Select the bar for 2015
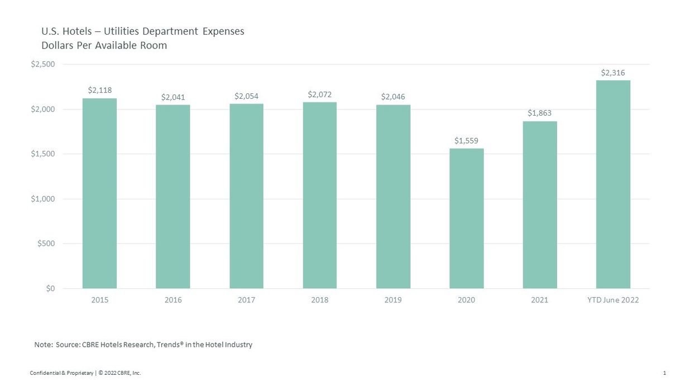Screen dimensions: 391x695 click(99, 193)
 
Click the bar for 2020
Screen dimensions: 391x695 click(466, 218)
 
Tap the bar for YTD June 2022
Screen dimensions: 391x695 click(613, 184)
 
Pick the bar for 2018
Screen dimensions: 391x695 click(319, 195)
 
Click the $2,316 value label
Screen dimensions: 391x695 click(613, 73)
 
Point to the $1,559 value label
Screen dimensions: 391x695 click(466, 141)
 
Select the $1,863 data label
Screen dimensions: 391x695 click(539, 113)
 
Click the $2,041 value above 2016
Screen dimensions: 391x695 click(172, 97)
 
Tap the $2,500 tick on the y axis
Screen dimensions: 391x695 click(42, 64)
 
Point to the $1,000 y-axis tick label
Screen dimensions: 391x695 click(42, 199)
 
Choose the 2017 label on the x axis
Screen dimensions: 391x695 click(246, 300)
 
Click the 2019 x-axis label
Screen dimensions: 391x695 click(393, 300)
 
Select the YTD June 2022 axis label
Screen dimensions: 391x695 click(613, 300)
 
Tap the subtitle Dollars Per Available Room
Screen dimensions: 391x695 click(104, 46)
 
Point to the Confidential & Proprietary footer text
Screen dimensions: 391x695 click(61, 373)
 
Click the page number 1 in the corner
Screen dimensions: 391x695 click(664, 373)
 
